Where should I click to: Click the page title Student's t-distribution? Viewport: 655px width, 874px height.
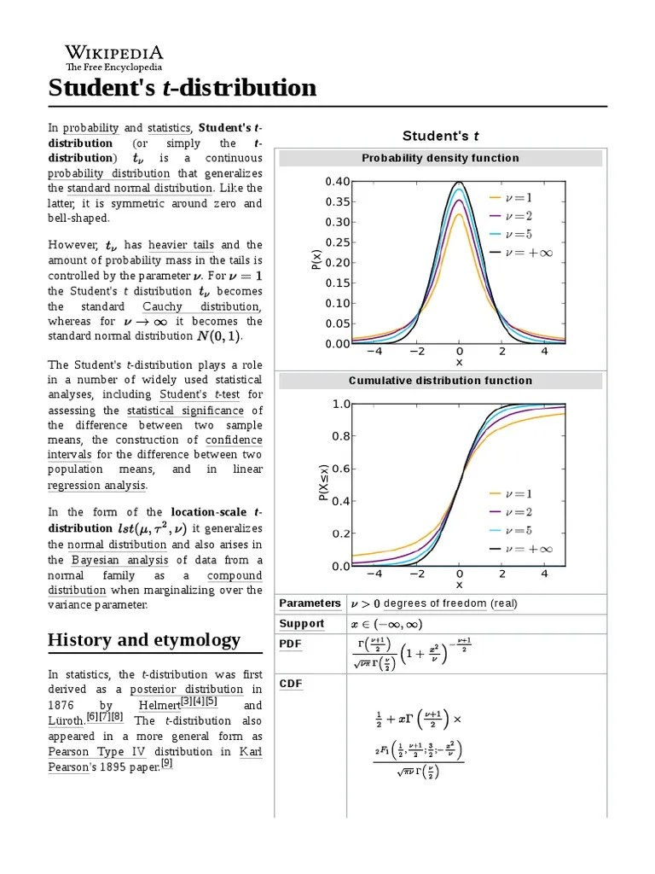[x=182, y=88]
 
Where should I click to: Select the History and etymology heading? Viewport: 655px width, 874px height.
[x=144, y=640]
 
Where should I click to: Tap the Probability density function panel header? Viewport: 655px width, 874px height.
[x=440, y=158]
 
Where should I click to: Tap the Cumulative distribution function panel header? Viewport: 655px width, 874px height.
[x=440, y=381]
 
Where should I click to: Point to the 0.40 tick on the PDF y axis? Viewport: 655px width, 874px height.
[x=337, y=182]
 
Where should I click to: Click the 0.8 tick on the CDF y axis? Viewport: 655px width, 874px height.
[x=341, y=436]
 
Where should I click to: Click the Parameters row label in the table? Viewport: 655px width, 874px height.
[x=310, y=603]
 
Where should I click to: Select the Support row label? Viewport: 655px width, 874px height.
[x=302, y=624]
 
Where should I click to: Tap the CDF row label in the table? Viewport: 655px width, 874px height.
[x=291, y=684]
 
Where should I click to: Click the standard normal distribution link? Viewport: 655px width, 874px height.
[x=140, y=188]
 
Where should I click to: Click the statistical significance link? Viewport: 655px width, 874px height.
[x=185, y=411]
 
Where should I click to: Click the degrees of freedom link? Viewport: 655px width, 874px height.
[x=435, y=603]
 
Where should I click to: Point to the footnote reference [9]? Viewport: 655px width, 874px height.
[x=166, y=764]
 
